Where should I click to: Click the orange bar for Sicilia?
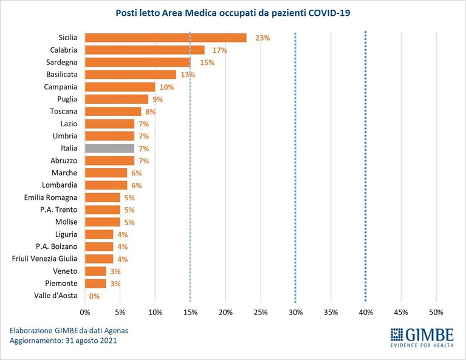165,38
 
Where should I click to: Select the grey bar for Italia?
109,148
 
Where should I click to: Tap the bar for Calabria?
145,50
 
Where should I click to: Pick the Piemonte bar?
95,284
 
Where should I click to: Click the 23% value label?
262,38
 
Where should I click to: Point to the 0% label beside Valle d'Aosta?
94,296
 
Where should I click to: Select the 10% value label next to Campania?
166,87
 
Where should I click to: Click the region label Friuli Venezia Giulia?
44,259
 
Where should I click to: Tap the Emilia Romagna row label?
50,197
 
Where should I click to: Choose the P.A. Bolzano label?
57,246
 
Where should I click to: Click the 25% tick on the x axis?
261,313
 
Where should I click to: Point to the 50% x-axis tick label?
436,313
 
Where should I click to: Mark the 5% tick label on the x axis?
120,313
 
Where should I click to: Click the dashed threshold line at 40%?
366,166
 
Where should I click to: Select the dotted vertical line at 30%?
295,166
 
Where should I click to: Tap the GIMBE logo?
422,338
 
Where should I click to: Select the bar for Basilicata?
131,75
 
